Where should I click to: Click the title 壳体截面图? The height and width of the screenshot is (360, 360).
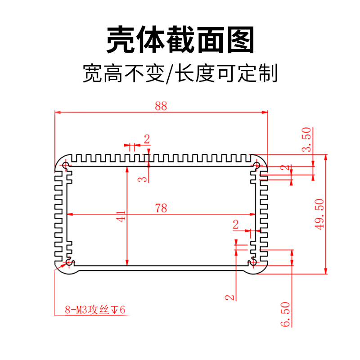(180, 40)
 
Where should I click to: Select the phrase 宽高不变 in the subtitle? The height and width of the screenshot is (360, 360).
(122, 73)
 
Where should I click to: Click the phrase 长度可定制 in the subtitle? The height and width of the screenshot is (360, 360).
(226, 73)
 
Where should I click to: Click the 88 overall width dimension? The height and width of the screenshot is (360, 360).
(161, 106)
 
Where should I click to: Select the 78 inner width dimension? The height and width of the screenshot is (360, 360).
(161, 208)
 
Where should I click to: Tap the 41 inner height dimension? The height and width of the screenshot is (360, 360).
(121, 216)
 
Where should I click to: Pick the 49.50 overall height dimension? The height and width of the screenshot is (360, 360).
(319, 214)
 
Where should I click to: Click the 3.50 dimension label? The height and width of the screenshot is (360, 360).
(306, 140)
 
